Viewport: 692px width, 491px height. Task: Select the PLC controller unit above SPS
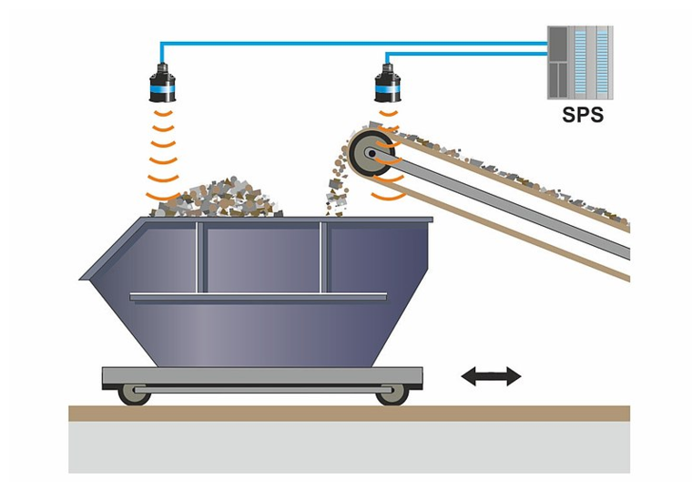(579, 62)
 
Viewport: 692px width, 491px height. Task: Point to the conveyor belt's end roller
(371, 154)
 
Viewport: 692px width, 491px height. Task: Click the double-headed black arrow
(491, 375)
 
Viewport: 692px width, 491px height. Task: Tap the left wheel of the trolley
(134, 393)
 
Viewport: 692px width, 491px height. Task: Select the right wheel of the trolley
(391, 393)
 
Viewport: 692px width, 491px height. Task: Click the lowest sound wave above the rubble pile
(162, 194)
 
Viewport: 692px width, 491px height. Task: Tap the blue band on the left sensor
(162, 92)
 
